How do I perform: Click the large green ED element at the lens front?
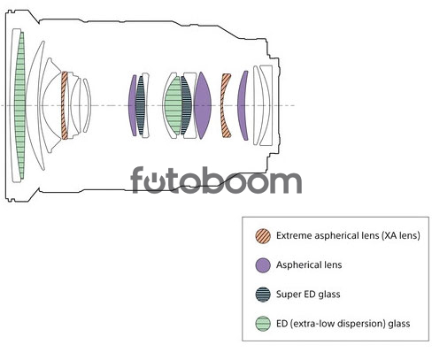point(19,105)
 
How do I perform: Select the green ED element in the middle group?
point(173,105)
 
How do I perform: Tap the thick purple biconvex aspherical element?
point(203,105)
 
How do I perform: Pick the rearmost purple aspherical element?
point(243,105)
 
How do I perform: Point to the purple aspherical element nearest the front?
point(132,105)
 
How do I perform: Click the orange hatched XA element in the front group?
point(65,105)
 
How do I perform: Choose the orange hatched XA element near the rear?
point(225,105)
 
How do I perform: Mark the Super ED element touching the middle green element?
point(186,105)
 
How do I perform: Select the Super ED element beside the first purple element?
point(141,105)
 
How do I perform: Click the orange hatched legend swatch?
point(263,236)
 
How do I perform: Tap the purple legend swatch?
point(263,265)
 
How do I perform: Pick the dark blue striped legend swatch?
point(263,295)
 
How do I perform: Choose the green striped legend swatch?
point(263,324)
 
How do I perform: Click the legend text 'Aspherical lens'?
point(309,264)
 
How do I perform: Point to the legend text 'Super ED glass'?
point(308,294)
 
